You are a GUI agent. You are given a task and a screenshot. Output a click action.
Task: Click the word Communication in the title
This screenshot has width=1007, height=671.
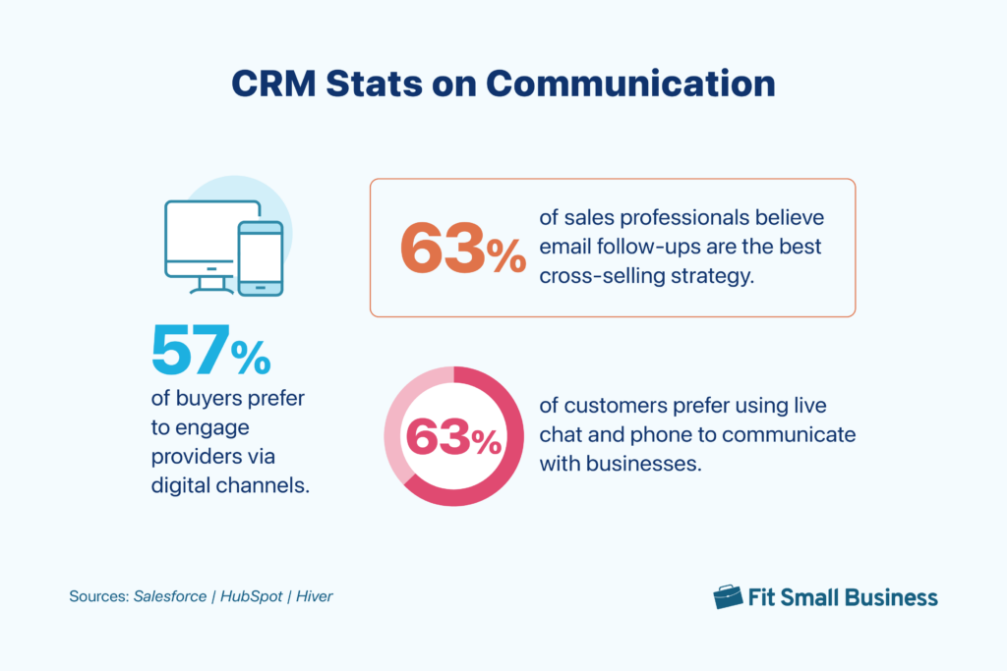pyautogui.click(x=631, y=84)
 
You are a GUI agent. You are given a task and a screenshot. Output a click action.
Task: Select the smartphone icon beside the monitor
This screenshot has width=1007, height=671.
pyautogui.click(x=261, y=257)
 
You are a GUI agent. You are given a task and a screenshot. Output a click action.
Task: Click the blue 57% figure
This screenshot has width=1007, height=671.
pyautogui.click(x=210, y=351)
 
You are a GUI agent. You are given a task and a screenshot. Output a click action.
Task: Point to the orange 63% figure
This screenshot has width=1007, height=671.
pyautogui.click(x=462, y=249)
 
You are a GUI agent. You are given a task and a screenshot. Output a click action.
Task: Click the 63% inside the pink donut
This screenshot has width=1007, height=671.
pyautogui.click(x=453, y=437)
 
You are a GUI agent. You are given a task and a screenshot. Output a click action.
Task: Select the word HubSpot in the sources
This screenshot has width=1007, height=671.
pyautogui.click(x=249, y=596)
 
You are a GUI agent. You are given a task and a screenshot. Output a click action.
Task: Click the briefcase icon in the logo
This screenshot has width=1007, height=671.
pyautogui.click(x=728, y=596)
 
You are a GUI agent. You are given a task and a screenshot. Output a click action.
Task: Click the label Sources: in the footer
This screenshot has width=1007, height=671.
pyautogui.click(x=97, y=596)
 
